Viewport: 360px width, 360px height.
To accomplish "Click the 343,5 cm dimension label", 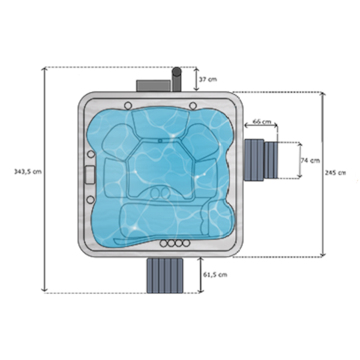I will (28, 172).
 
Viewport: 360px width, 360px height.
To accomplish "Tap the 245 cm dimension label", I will (335, 172).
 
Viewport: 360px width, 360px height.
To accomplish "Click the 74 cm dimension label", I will (310, 160).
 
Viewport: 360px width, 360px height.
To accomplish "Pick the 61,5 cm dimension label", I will (215, 274).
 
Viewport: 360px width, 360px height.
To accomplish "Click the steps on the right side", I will (262, 160).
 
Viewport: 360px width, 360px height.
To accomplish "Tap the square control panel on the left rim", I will (91, 173).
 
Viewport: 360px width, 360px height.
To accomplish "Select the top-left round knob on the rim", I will (127, 106).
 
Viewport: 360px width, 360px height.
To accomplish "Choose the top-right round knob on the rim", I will (193, 106).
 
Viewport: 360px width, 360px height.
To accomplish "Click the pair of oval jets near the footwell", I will (160, 193).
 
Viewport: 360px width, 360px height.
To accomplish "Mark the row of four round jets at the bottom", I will (173, 244).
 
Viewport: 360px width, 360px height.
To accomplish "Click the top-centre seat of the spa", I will (158, 124).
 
